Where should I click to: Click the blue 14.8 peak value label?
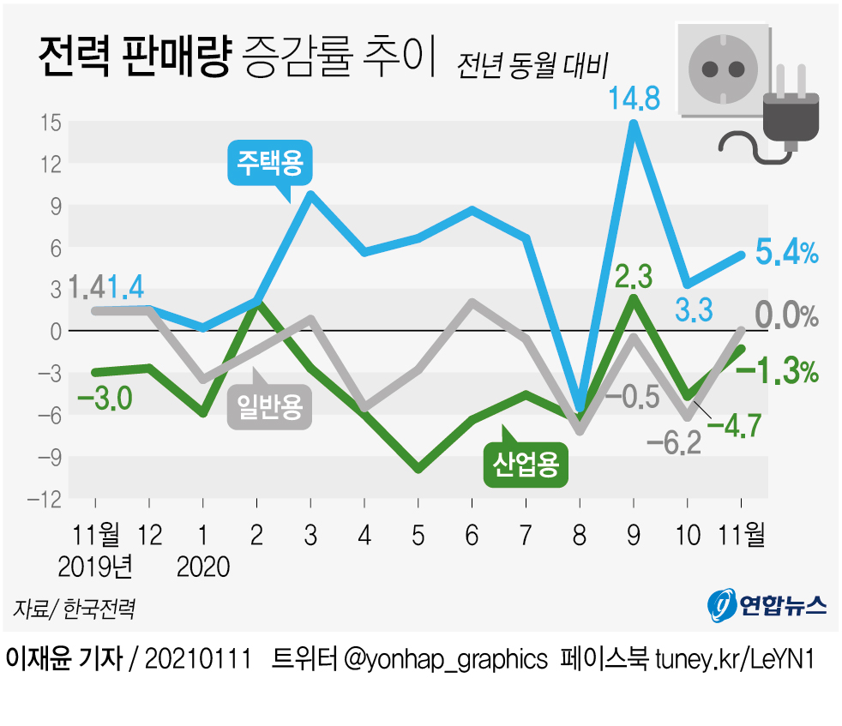634,99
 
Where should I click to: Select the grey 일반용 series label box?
269,406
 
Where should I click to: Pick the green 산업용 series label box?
526,465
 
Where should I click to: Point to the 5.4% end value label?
786,253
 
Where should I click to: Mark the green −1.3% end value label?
777,372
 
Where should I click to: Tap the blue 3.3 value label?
693,310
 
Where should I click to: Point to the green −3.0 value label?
104,399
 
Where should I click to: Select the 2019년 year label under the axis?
95,567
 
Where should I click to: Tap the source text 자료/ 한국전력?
74,609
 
